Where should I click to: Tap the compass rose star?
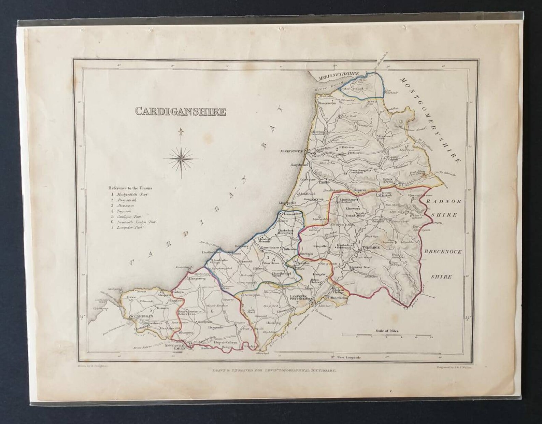(x=181, y=158)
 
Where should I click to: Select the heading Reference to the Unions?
(x=130, y=188)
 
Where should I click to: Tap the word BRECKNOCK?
(x=443, y=252)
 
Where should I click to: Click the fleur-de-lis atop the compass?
(x=181, y=131)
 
